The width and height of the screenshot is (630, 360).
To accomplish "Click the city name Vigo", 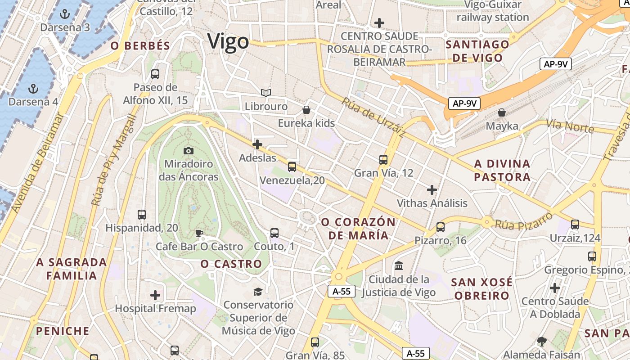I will click(x=228, y=41).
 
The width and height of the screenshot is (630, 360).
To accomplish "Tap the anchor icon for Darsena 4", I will click(x=33, y=88).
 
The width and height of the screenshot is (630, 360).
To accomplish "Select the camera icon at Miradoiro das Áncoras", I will click(x=189, y=150).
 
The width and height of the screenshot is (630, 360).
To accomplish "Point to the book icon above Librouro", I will click(x=266, y=93).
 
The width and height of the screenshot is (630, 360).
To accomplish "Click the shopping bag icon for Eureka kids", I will click(x=306, y=110).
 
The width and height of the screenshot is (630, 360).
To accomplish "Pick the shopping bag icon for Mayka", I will click(x=502, y=112).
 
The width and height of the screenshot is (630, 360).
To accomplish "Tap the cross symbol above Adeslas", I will click(x=257, y=144).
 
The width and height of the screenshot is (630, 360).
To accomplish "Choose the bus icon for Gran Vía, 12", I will click(x=383, y=159).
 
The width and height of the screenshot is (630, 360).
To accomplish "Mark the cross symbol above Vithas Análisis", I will click(x=432, y=190).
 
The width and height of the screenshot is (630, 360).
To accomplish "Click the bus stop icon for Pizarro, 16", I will click(x=441, y=227).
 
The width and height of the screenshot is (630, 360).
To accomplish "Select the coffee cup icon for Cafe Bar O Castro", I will click(x=199, y=233).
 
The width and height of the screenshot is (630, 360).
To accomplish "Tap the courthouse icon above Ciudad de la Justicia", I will click(x=399, y=266).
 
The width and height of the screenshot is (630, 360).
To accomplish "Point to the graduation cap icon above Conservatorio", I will click(x=258, y=292).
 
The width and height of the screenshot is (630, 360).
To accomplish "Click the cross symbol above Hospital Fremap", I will click(x=155, y=295).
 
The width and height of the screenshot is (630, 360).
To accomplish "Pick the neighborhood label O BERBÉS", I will click(x=140, y=46).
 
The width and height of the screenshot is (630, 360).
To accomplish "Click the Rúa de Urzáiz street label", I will click(x=373, y=117).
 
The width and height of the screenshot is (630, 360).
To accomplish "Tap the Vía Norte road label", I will click(x=570, y=126).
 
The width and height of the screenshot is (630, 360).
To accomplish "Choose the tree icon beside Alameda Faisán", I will click(x=542, y=342).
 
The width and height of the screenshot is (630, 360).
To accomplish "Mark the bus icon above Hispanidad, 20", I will click(x=142, y=214).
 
